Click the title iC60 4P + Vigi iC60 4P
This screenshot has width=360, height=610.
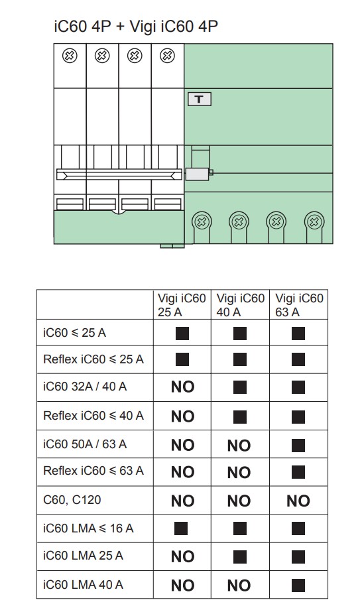coord(136,26)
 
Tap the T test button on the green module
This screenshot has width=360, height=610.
coord(200,99)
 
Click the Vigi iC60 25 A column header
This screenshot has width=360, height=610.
coord(182,305)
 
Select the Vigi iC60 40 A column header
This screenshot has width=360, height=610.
coord(240,305)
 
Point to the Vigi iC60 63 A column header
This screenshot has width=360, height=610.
coord(299,305)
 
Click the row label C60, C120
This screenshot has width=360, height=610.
coord(72,499)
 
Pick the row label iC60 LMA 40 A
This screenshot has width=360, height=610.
coord(83,584)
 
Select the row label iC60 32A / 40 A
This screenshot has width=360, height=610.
coord(85,387)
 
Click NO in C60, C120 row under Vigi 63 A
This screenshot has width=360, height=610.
coord(298,501)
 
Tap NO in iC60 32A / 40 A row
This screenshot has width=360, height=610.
coord(182,387)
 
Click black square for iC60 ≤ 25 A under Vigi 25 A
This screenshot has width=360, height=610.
coord(182,334)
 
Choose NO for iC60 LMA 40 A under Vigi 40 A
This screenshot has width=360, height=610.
coord(239,585)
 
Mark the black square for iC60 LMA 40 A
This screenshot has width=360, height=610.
coord(298,585)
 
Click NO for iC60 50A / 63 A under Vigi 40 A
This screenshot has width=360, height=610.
coord(239,446)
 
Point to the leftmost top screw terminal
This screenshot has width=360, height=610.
coord(70,56)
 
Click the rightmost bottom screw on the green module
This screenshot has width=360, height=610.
coord(314,222)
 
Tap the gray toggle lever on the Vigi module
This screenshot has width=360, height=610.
coord(198,174)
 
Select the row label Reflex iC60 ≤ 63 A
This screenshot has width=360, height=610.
coord(93,471)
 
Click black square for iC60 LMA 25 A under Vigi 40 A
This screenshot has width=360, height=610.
coord(240,557)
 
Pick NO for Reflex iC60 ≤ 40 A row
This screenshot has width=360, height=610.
coord(182,416)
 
